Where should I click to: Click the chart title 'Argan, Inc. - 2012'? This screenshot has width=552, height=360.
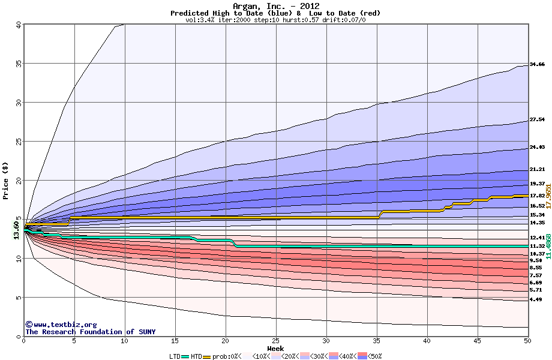pos(275,6)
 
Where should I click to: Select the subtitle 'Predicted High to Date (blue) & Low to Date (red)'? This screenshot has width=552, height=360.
pos(275,13)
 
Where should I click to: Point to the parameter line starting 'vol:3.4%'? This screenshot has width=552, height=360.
pos(275,20)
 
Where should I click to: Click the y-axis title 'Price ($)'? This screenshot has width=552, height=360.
pos(5,180)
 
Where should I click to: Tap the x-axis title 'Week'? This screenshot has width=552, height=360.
pos(275,348)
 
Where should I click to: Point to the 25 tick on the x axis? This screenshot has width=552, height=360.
pos(275,341)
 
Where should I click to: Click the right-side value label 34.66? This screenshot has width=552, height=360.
pos(537,64)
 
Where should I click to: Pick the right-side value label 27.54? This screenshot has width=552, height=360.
pos(537,120)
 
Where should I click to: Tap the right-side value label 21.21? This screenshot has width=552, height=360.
pos(537,170)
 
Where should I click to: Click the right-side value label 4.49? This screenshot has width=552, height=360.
pos(536,299)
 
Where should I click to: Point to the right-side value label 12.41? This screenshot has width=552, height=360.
pos(537,238)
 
